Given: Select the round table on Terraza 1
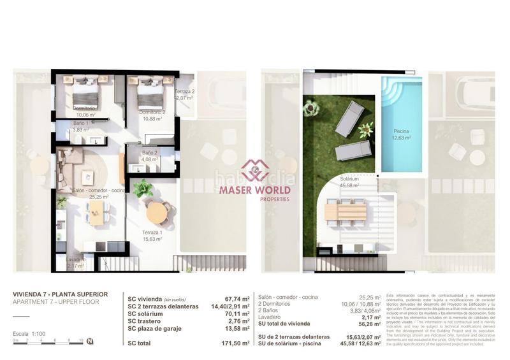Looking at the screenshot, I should [x=157, y=212].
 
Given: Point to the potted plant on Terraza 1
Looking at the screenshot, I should [x=143, y=188].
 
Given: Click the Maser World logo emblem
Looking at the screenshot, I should [x=255, y=169].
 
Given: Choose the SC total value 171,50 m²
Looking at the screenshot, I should [x=231, y=343].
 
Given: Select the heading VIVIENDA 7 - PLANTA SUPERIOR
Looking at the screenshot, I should [x=60, y=294].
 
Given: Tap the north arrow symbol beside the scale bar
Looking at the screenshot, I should [x=91, y=342].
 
